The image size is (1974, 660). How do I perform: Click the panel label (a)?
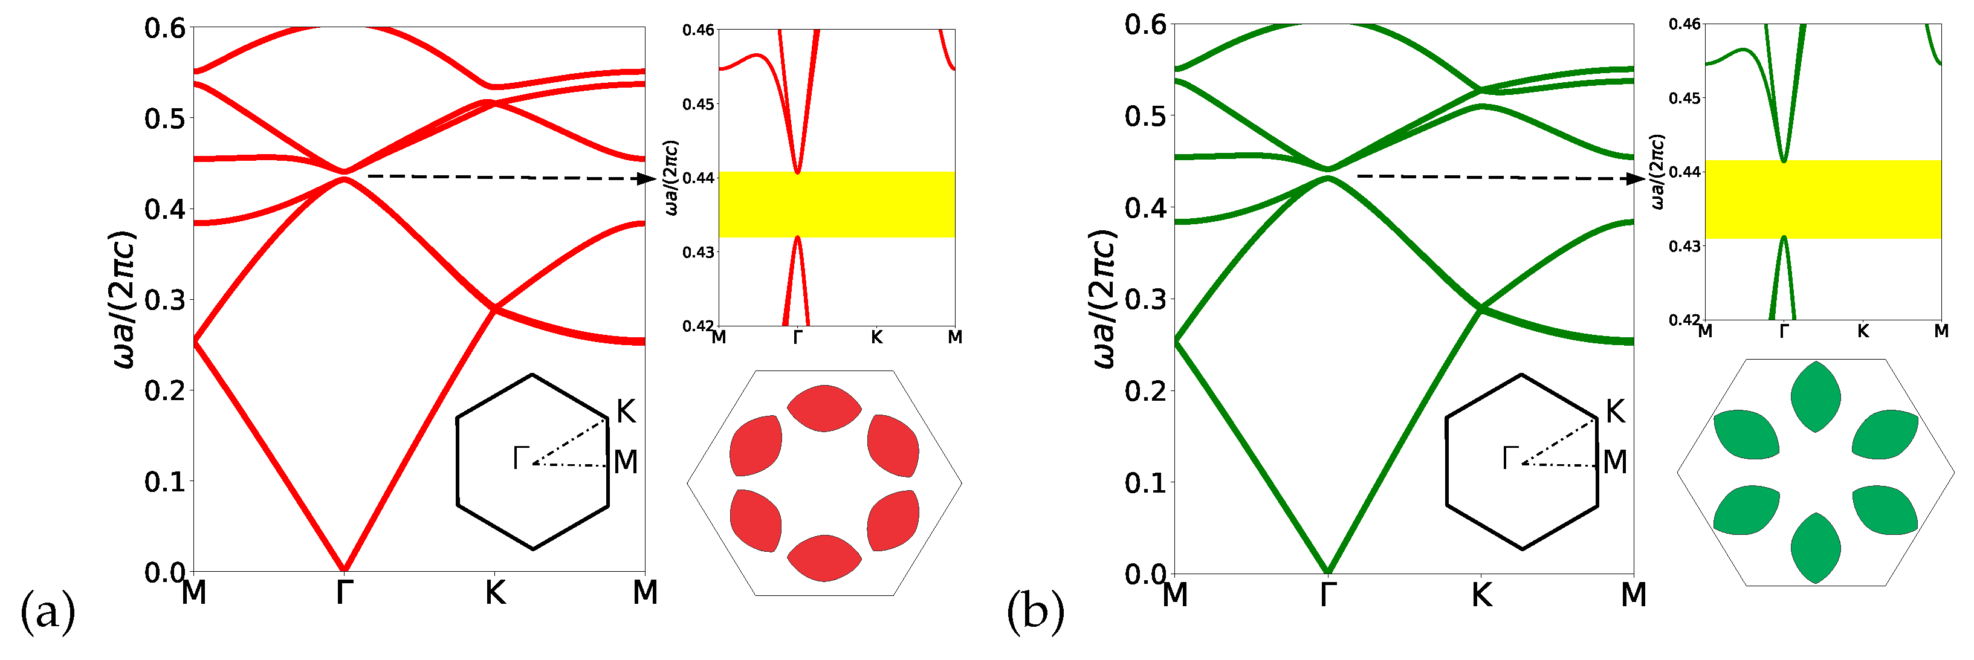(48, 612)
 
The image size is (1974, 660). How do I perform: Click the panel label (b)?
(1035, 612)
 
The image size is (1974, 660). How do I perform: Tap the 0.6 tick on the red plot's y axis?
(165, 28)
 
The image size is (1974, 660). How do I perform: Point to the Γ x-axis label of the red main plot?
(344, 592)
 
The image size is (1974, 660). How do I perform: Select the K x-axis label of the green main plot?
(1481, 595)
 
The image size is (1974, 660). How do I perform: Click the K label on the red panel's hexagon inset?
(626, 412)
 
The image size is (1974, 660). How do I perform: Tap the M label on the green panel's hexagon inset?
(1614, 462)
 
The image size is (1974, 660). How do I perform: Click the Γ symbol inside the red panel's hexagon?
(521, 458)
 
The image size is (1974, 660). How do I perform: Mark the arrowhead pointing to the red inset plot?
(646, 179)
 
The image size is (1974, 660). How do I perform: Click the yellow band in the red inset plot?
(837, 204)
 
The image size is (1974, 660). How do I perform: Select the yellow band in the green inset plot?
(1824, 199)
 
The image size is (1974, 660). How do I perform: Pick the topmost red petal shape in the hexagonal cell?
(824, 408)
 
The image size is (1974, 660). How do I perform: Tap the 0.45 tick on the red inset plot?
(698, 104)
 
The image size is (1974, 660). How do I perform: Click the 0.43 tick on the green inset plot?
(1684, 246)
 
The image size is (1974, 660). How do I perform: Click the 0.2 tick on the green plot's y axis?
(1145, 392)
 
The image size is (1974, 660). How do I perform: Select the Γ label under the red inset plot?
(797, 337)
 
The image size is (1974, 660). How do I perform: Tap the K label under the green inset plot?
(1862, 331)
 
